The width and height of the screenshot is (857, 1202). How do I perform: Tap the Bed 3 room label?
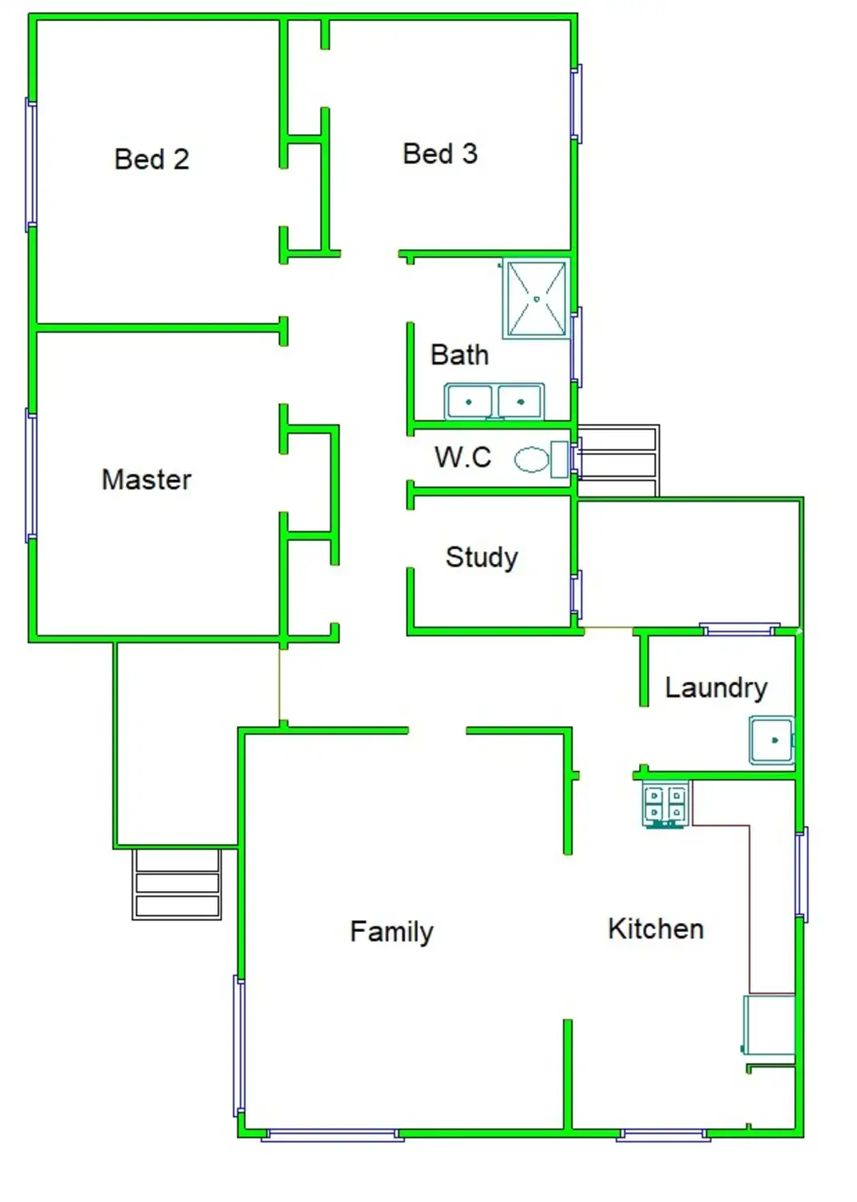440,154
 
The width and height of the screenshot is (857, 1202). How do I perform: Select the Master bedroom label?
147,479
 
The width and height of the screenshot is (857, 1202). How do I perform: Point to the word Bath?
459,355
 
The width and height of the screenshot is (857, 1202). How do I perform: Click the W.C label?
463,458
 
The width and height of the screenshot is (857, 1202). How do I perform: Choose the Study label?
482,558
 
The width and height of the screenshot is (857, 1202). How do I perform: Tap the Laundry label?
717,689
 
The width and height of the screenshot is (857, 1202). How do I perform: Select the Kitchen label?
656,929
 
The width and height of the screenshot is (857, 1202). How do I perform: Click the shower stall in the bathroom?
536,299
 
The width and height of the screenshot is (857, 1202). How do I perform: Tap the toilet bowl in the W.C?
532,459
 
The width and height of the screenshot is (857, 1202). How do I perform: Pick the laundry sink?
772,740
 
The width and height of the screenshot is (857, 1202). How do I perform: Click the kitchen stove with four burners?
665,804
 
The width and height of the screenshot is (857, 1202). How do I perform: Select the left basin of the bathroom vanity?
468,401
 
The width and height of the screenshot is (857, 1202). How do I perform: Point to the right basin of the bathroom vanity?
519,401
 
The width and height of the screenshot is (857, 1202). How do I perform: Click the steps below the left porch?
176,884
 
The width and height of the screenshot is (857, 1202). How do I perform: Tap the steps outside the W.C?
618,461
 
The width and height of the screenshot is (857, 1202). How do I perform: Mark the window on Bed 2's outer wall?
31,165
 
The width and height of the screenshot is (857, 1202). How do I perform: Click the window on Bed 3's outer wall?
576,103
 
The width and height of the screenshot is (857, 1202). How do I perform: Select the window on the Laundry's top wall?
739,629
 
